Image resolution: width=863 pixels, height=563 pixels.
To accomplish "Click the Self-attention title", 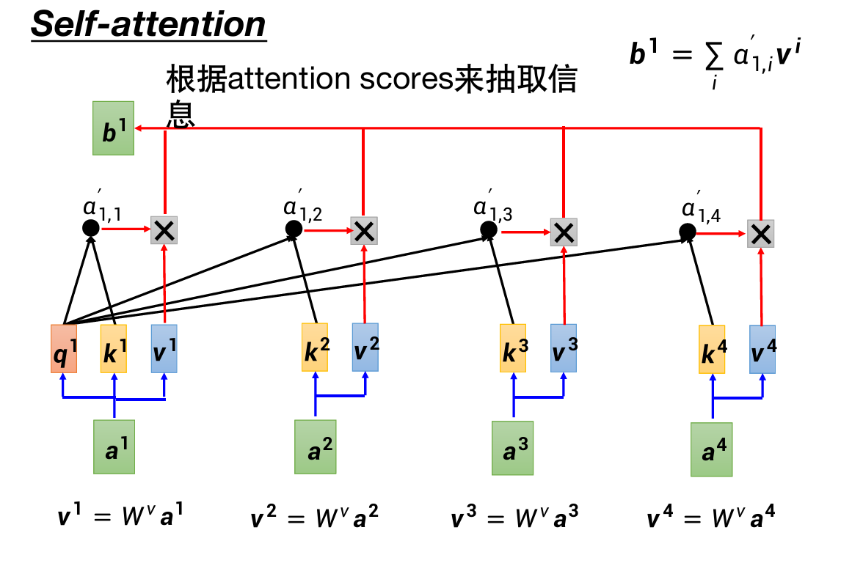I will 148,24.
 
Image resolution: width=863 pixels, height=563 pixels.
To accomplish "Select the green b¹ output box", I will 113,128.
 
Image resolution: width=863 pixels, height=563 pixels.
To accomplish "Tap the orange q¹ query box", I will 63,349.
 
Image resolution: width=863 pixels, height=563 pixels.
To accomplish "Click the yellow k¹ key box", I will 114,349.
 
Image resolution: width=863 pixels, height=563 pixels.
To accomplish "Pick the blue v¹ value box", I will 164,349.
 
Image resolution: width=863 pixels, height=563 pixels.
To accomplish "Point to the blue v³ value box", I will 564,349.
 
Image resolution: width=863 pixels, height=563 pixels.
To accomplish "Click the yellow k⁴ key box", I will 712,350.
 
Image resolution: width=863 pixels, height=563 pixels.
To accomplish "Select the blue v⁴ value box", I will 762,350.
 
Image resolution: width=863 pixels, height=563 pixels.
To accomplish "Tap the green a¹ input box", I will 114,446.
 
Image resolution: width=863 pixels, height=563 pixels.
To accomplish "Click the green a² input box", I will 315,446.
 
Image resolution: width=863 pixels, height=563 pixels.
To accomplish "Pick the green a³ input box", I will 512,447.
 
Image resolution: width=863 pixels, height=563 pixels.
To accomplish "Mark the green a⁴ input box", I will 711,449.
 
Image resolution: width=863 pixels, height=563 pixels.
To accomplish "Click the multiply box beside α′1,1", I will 164,231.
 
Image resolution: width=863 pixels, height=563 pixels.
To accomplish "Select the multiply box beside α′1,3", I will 564,232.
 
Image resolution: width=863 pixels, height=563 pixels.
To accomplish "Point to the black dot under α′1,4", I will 688,233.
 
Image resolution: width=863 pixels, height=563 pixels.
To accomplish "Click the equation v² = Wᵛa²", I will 316,518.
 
